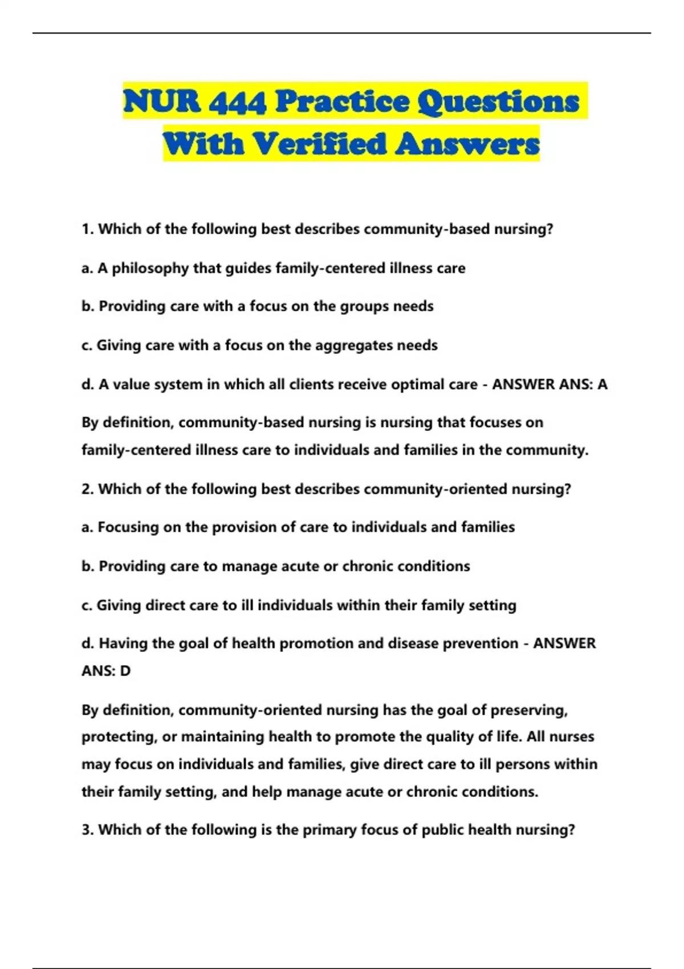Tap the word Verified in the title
[319, 144]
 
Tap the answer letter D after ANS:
[125, 671]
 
